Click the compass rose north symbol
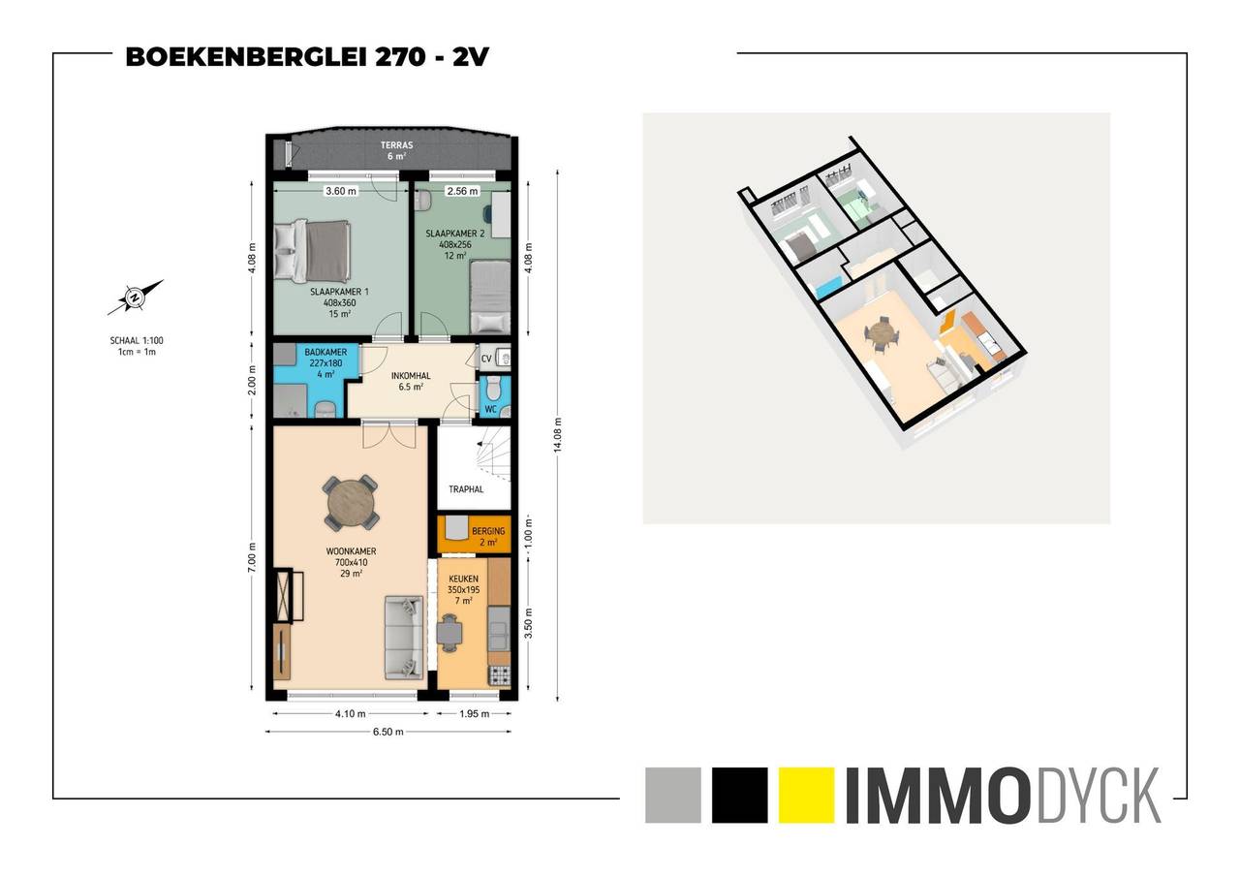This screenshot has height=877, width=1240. [x=135, y=298]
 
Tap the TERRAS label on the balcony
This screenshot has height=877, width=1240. [x=396, y=145]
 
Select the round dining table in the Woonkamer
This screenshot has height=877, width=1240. [x=351, y=503]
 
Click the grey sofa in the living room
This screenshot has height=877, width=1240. [x=404, y=637]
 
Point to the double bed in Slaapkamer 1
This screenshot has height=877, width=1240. [x=312, y=251]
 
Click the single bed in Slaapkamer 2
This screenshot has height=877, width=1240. [x=490, y=297]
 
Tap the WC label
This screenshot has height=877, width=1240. [x=490, y=410]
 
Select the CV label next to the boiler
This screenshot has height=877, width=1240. [x=486, y=359]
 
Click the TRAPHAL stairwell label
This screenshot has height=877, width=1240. [x=466, y=488]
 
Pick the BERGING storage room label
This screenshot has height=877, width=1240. [x=488, y=531]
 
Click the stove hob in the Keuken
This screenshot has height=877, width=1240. [x=499, y=676]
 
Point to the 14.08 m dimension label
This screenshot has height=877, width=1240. [x=557, y=435]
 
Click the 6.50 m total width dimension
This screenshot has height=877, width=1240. [x=388, y=732]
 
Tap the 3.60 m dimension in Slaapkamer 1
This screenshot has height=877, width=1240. [x=340, y=191]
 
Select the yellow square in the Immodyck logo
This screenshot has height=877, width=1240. [x=806, y=795]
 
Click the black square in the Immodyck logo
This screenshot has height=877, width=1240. [x=739, y=795]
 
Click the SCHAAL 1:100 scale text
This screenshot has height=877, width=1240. [x=137, y=340]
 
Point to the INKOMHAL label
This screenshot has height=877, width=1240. [x=410, y=376]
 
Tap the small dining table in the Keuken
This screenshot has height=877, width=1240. [x=449, y=632]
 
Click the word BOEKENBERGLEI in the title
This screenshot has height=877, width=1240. [x=246, y=57]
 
